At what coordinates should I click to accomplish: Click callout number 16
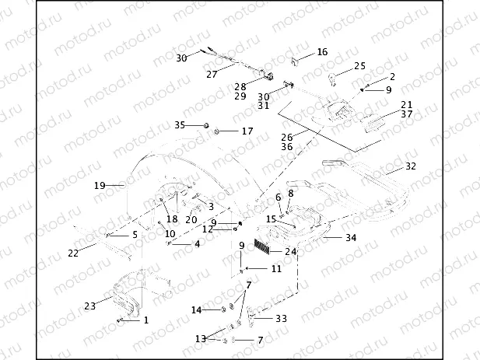tap(322, 52)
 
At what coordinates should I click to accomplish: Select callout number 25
tap(359, 66)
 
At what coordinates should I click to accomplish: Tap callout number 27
tap(211, 75)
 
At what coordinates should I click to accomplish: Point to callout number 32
tap(411, 166)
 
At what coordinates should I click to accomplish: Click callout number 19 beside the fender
tap(100, 185)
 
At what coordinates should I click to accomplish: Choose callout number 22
tap(73, 253)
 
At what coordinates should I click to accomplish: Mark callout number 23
tap(90, 306)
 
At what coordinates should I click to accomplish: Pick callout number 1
tap(145, 320)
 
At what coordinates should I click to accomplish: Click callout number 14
tap(197, 310)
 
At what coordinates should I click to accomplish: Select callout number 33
tap(281, 318)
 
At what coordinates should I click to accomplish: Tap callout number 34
tap(351, 237)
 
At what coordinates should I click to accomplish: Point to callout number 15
tap(271, 219)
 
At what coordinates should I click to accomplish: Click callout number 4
tap(197, 244)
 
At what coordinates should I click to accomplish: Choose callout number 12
tap(208, 229)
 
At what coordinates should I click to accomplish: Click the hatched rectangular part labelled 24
tap(268, 249)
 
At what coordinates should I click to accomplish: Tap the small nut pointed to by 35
tap(205, 125)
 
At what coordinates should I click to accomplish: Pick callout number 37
tap(406, 114)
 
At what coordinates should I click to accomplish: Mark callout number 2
tap(392, 76)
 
